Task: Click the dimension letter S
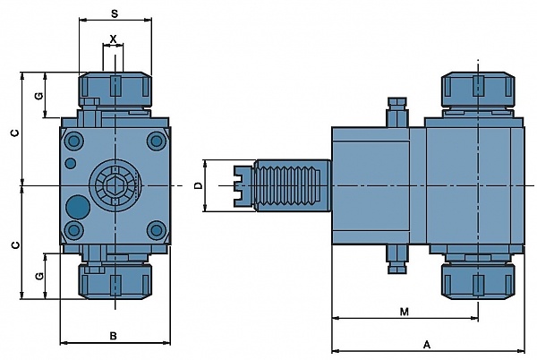[115, 13]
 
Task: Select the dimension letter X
[113, 39]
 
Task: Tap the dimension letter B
[114, 336]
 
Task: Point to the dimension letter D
[199, 185]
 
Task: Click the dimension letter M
[405, 312]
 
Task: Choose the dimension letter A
[426, 344]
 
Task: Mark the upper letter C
[15, 133]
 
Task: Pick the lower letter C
[15, 244]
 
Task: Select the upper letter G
[39, 96]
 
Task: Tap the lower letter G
[39, 276]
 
